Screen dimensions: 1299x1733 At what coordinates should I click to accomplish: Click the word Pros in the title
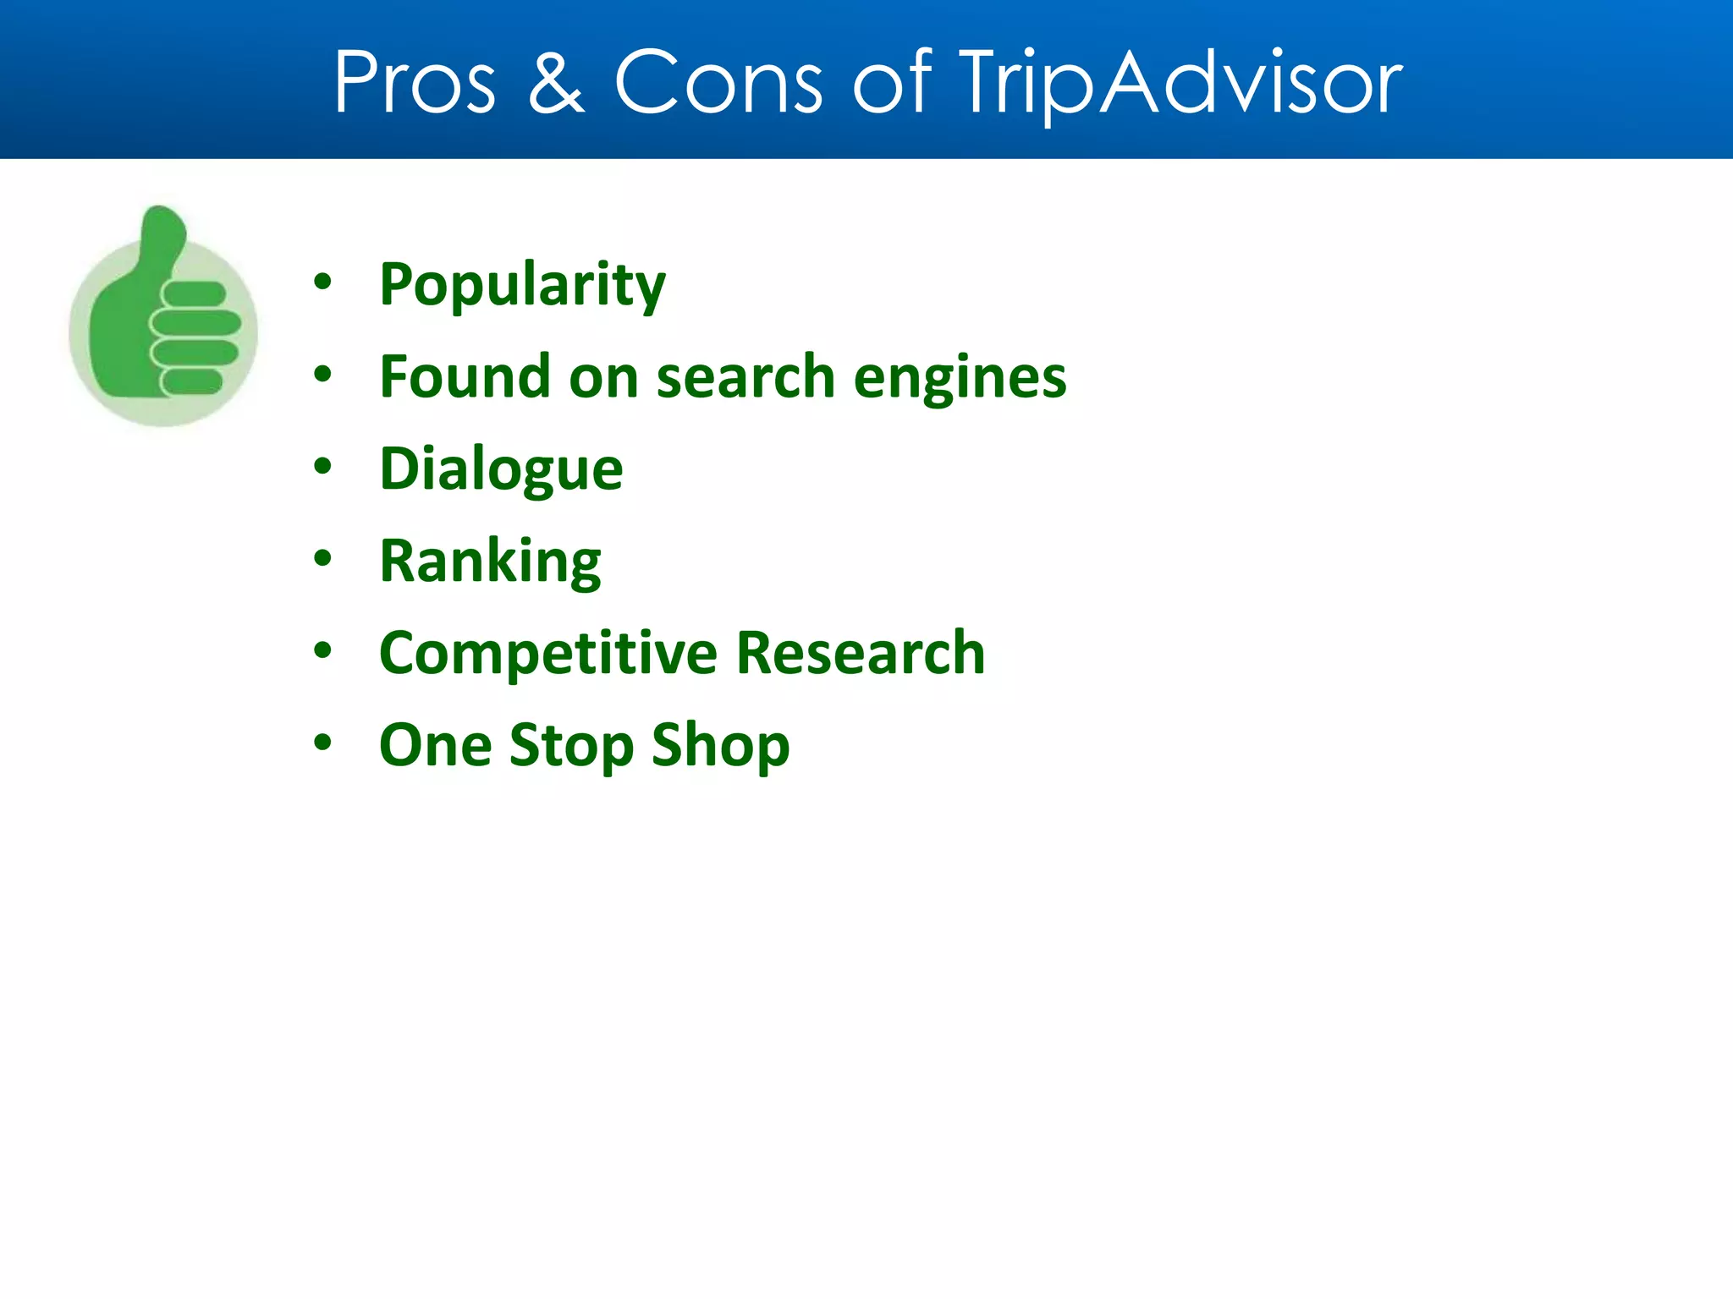(x=415, y=82)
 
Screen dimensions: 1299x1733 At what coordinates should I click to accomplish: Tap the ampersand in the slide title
(x=556, y=82)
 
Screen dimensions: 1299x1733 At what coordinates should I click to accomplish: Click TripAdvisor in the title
(x=1180, y=82)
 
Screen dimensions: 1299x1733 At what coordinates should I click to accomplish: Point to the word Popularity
(x=522, y=285)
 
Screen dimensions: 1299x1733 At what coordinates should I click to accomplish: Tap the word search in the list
(x=745, y=377)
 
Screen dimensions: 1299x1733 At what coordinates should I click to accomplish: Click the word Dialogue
(x=501, y=469)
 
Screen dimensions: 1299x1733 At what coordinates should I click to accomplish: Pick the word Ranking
(x=490, y=562)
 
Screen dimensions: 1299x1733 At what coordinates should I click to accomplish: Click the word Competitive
(x=548, y=654)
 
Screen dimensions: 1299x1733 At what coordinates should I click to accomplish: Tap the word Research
(x=861, y=653)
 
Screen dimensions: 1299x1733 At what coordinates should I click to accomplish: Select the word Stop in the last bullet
(x=571, y=746)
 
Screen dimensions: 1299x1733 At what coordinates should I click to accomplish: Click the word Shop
(x=720, y=746)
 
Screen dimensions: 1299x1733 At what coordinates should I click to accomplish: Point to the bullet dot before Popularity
(x=322, y=282)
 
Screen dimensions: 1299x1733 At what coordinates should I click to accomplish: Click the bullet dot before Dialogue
(x=322, y=466)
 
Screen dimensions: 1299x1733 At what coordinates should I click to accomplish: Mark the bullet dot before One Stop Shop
(x=322, y=743)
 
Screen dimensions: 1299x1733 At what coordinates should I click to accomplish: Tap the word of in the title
(x=891, y=82)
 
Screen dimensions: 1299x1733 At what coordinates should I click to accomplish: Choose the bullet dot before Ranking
(x=322, y=558)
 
